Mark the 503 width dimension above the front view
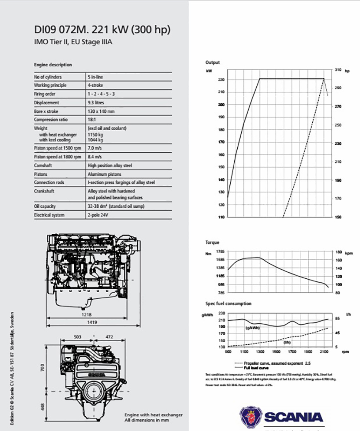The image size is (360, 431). tap(78, 336)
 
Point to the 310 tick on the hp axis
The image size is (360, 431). tap(338, 69)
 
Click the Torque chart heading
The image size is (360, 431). tap(212, 243)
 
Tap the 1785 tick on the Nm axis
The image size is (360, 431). tap(219, 251)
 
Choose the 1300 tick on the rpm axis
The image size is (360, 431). tap(260, 352)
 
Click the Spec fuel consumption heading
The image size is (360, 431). tap(228, 304)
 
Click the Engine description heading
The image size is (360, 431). tap(53, 65)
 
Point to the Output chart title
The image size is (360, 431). tap(213, 62)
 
